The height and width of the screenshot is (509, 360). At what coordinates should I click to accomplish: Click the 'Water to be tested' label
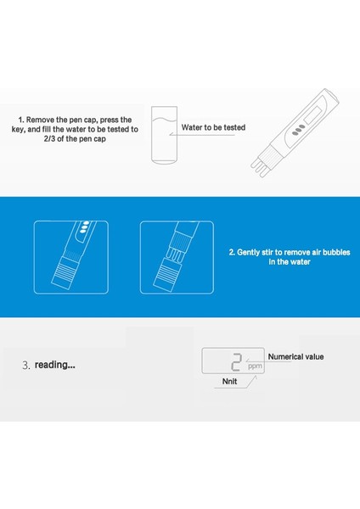coord(213,127)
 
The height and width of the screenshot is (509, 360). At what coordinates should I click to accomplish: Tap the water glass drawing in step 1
coord(165,135)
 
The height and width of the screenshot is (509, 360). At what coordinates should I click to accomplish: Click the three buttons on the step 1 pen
coord(298,129)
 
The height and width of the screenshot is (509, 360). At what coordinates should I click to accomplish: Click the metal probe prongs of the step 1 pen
coord(259,167)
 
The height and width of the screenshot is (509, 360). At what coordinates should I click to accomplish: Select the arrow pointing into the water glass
coord(201,134)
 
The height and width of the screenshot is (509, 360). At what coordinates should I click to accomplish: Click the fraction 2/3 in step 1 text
coord(49,139)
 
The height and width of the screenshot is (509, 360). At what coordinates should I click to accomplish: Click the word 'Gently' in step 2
coord(248,253)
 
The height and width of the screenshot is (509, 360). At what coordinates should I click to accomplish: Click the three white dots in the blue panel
coord(84,227)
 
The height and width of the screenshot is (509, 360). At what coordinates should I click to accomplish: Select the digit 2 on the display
coord(237,362)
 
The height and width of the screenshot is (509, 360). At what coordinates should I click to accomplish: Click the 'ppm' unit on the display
coord(255,366)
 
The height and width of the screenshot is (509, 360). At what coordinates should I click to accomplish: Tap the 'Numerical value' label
coord(295,357)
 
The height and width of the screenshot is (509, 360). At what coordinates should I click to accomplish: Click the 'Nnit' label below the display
coord(229,381)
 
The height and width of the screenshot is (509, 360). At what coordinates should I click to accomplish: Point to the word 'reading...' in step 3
coord(55,365)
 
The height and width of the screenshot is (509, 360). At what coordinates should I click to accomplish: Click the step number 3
coord(26,366)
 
